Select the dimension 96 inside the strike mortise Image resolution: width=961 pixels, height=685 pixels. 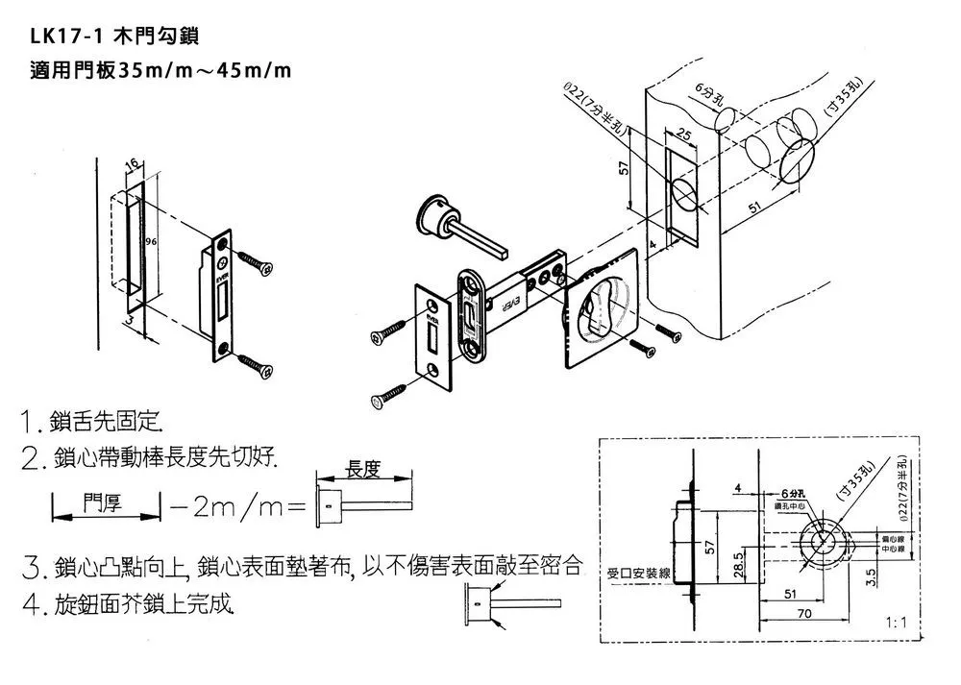150,242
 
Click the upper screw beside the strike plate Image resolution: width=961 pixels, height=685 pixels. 256,261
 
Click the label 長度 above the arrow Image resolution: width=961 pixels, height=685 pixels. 363,471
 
